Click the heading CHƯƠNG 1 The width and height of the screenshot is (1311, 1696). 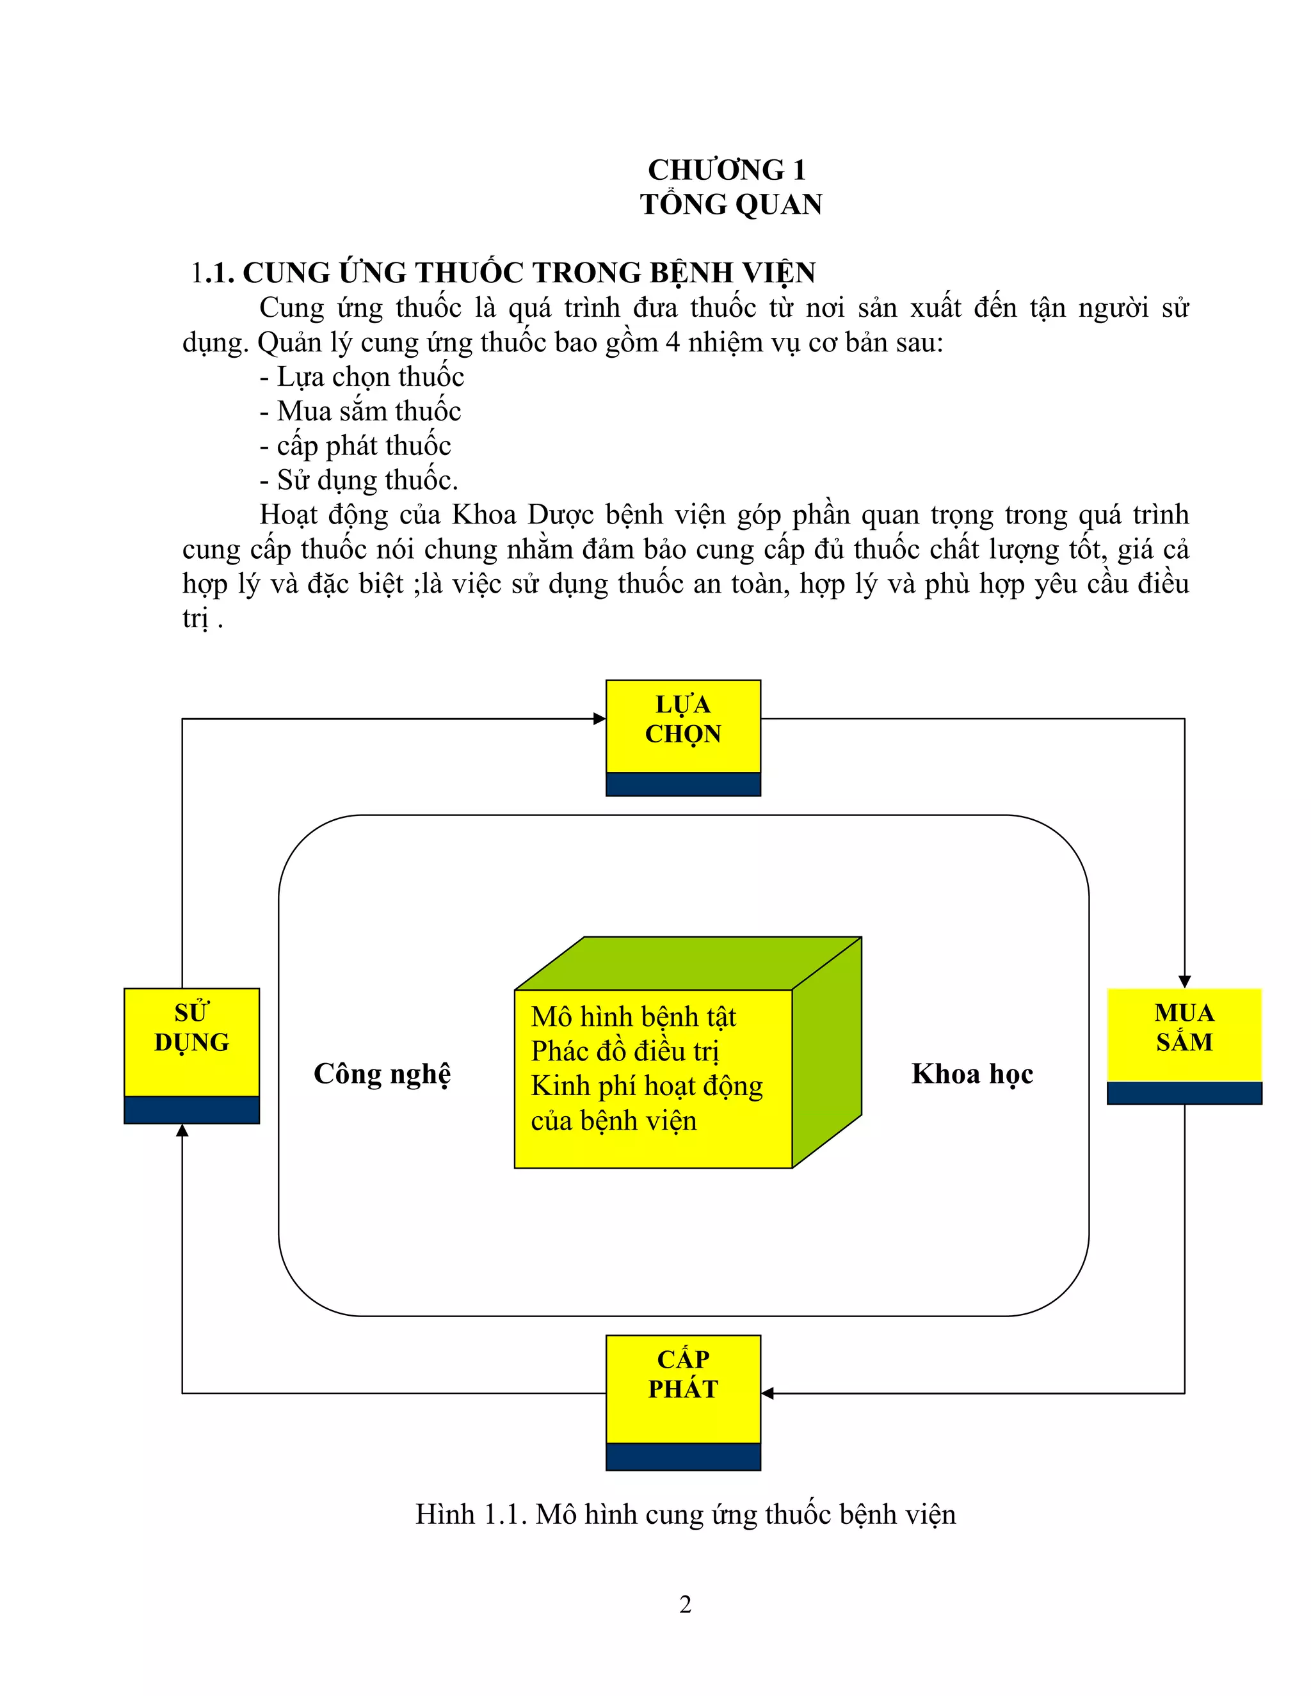(727, 170)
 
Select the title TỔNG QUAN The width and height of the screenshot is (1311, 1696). (731, 205)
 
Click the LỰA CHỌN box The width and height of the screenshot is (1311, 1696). (682, 727)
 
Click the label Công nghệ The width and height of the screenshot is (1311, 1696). (382, 1074)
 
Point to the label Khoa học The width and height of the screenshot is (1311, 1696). (972, 1074)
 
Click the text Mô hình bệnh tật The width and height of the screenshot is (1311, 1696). (633, 1016)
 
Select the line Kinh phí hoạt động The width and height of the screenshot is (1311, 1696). (646, 1085)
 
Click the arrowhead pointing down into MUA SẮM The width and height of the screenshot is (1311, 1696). (1184, 982)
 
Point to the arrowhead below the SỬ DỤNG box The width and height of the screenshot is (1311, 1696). (182, 1132)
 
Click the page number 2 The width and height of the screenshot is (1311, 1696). (685, 1604)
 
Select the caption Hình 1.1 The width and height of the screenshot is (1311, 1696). (685, 1514)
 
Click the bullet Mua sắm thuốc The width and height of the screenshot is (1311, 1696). (369, 411)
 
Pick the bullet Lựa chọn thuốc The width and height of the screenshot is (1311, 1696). (371, 376)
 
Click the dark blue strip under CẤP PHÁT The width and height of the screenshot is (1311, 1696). (682, 1456)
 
